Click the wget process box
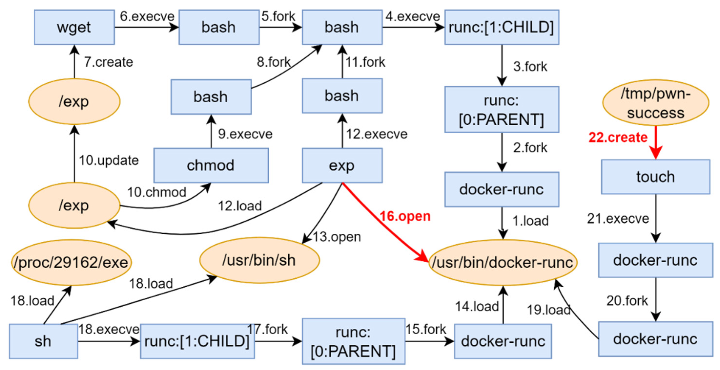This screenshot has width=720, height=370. (74, 27)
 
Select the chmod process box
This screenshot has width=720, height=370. (211, 165)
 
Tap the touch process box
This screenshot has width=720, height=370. (655, 177)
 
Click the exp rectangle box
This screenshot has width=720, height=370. (342, 165)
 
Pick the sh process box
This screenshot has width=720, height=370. (43, 341)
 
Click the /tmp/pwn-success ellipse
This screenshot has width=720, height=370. (655, 103)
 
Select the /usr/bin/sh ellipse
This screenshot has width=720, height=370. (259, 260)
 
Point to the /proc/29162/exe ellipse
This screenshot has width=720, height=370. (71, 262)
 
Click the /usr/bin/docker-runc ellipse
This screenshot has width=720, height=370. (502, 262)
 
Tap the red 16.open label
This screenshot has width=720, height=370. (405, 216)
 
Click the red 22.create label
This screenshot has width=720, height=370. (618, 137)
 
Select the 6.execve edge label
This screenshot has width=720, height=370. (147, 16)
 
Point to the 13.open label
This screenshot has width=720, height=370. (337, 237)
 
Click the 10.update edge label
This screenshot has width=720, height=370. (108, 160)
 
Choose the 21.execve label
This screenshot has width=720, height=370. (618, 218)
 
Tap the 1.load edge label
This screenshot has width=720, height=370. (530, 221)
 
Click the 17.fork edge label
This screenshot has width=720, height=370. (267, 329)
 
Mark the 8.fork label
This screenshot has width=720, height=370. (273, 62)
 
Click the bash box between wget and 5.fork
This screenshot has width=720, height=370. (219, 27)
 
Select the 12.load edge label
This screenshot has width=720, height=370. (240, 206)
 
